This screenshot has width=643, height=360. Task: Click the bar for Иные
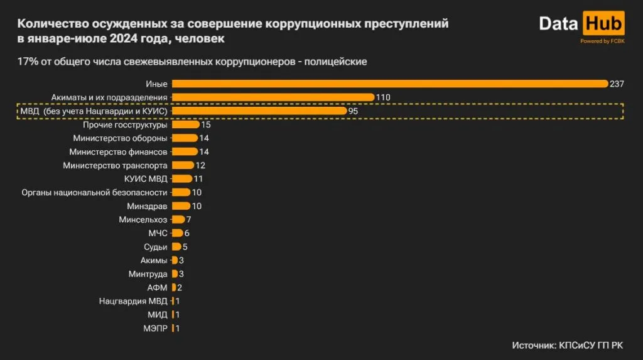[x=389, y=84]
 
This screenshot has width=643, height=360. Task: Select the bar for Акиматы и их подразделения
[x=273, y=97]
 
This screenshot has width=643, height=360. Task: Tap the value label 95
[x=354, y=111]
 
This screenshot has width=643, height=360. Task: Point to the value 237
[x=617, y=84]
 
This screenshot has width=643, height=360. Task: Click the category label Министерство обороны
[x=120, y=138]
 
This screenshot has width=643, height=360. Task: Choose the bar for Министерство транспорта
[x=183, y=165]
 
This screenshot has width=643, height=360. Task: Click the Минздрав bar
[x=181, y=206]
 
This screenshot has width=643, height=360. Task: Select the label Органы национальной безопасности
[x=94, y=192]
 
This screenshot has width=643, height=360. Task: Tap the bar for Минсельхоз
[x=178, y=220]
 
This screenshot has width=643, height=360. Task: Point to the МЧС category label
[x=158, y=233]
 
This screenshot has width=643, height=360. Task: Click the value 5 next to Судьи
[x=185, y=247]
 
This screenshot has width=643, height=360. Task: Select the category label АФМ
[x=157, y=288]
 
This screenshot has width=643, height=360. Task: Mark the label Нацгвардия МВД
[x=133, y=301]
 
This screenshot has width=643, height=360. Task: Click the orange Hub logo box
[x=603, y=24]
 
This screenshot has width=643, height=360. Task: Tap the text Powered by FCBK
[x=602, y=41]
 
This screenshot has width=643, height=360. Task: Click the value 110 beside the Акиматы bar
[x=384, y=97]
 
